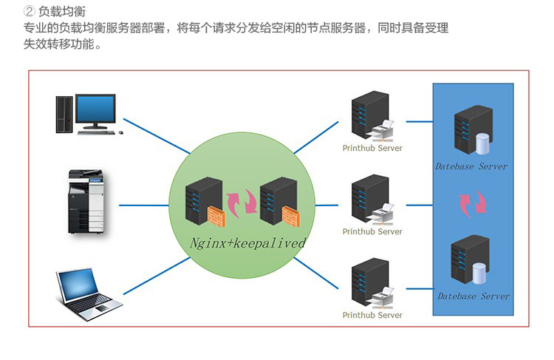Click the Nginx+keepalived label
click(248, 242)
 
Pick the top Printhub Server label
click(372, 148)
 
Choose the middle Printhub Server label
click(372, 231)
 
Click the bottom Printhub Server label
click(372, 315)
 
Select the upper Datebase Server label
click(471, 166)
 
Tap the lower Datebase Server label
click(473, 296)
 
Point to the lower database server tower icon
click(471, 258)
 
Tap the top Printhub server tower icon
click(368, 115)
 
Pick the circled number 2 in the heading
click(30, 11)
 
